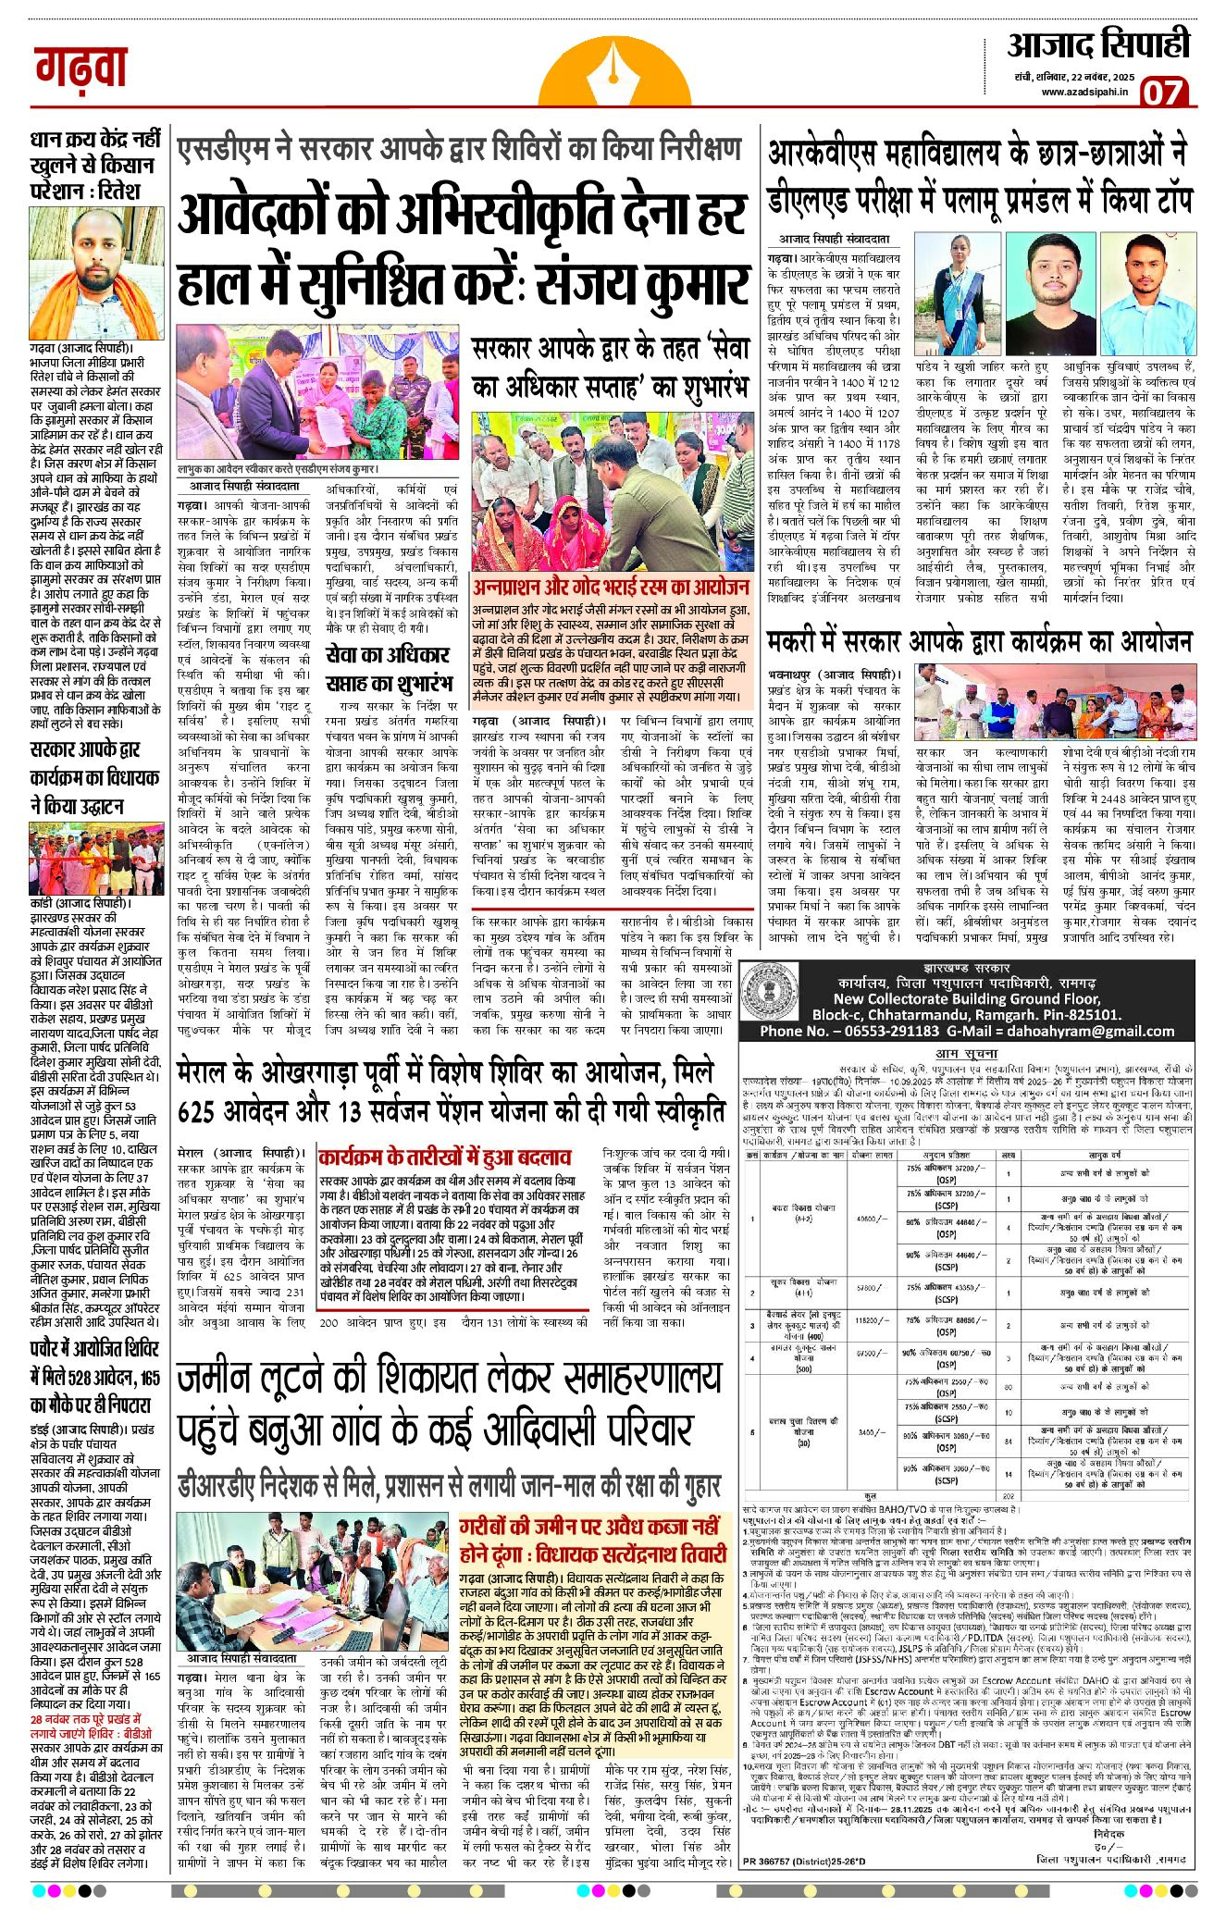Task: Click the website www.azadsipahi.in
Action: (x=1085, y=92)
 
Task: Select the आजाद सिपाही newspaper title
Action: (x=1098, y=45)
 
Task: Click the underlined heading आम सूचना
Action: (x=966, y=1053)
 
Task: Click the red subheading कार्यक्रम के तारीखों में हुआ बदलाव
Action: (x=444, y=1157)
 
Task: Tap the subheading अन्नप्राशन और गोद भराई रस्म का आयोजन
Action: (x=611, y=588)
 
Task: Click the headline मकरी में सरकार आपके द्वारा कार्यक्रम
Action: (x=979, y=642)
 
